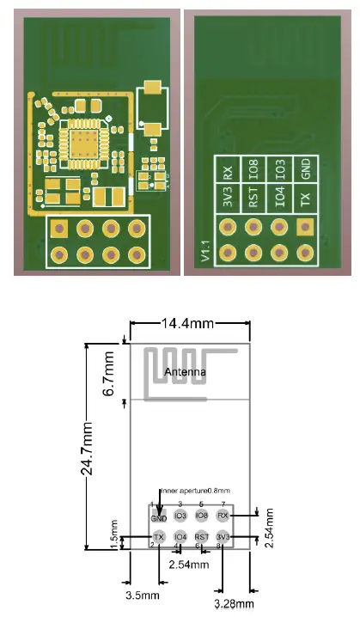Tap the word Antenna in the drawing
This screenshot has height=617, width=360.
point(185,373)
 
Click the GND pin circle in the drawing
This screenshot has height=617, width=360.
point(159,516)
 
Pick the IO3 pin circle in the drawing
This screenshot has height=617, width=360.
point(180,516)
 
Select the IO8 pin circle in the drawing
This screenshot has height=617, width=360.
point(202,516)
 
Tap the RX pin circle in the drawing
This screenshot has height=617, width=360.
point(223,516)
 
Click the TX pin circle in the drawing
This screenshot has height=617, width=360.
point(159,537)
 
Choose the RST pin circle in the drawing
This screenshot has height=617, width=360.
point(202,537)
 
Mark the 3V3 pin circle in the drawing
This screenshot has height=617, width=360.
point(223,537)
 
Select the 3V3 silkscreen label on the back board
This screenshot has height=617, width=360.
point(228,199)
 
